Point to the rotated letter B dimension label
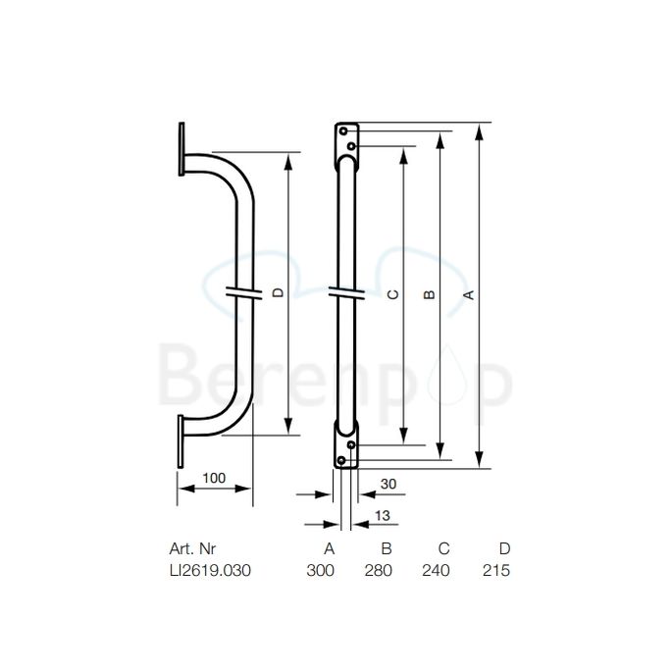point(429,293)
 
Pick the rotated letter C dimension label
point(392,293)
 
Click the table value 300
point(321,570)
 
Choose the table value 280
point(378,570)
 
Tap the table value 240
point(437,570)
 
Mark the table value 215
point(497,570)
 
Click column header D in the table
point(505,548)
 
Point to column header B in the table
point(386,548)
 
